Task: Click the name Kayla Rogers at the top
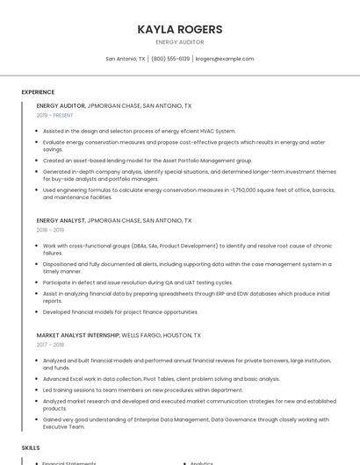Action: coord(179,29)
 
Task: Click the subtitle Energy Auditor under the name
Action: coord(179,42)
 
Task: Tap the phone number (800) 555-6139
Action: coord(170,59)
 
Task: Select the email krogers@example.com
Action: coord(225,59)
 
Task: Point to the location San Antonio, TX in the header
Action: coord(126,59)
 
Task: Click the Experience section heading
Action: coord(38,92)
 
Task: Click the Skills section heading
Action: coord(31,447)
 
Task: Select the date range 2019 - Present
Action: coord(55,115)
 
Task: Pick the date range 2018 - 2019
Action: coord(51,230)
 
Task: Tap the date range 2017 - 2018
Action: coord(51,345)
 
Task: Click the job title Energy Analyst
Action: coord(61,220)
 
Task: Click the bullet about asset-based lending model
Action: coord(148,161)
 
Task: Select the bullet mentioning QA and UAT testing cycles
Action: coord(138,283)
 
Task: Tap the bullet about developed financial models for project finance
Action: coord(120,311)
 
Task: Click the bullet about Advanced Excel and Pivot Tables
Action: coord(162,379)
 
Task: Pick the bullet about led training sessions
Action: coord(143,390)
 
